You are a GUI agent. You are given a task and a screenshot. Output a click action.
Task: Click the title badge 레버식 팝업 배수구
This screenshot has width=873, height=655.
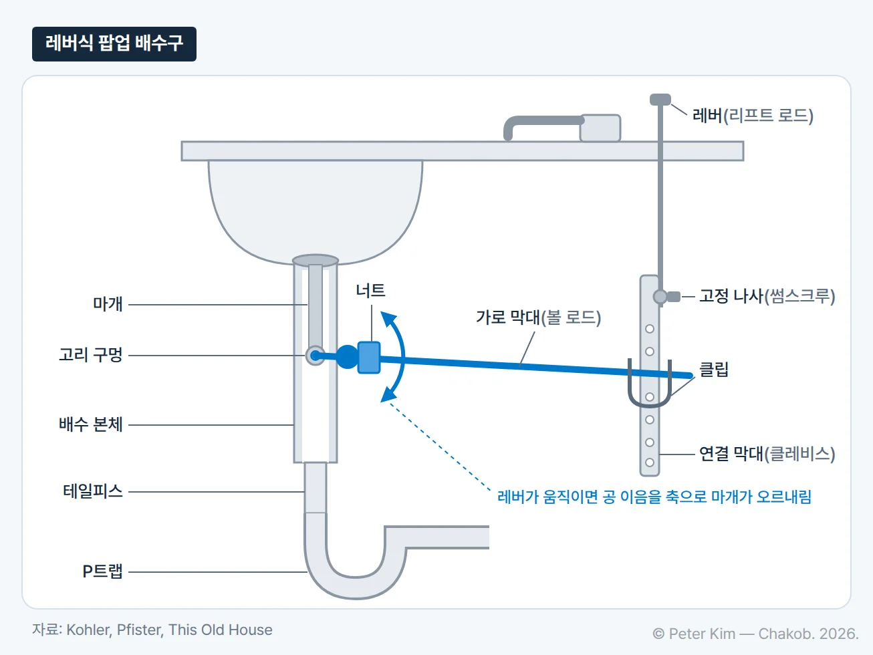click(114, 43)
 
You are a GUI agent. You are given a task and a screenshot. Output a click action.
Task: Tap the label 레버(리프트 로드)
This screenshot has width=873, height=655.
click(753, 116)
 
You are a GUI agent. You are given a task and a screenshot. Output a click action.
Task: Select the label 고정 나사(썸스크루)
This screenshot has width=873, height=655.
click(767, 296)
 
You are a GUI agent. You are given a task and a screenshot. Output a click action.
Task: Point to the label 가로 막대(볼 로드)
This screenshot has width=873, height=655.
click(539, 317)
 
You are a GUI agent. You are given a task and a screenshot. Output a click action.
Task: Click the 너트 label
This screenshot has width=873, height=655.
click(371, 291)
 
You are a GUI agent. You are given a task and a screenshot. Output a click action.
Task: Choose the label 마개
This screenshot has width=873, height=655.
click(108, 304)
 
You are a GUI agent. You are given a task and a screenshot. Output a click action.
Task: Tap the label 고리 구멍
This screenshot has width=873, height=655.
click(91, 355)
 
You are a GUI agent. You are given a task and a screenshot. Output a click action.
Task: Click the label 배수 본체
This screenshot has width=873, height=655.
click(91, 424)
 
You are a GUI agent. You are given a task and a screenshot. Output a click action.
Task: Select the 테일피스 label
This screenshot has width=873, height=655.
click(93, 491)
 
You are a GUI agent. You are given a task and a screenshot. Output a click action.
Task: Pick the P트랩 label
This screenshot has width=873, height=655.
click(103, 571)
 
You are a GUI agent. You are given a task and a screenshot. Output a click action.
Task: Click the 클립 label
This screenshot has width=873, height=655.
click(714, 370)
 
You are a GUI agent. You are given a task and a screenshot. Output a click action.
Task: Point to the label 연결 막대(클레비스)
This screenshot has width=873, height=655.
click(767, 454)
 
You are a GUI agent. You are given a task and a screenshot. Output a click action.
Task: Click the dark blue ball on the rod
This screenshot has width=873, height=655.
click(347, 357)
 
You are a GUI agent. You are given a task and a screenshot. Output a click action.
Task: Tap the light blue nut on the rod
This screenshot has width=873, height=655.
click(369, 358)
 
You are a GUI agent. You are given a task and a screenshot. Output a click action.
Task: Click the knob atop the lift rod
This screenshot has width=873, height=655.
click(660, 100)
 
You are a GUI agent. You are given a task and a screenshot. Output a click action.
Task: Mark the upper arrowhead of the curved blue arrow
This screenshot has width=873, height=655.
click(388, 319)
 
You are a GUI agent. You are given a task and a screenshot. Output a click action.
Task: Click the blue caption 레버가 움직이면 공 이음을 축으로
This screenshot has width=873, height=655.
click(602, 497)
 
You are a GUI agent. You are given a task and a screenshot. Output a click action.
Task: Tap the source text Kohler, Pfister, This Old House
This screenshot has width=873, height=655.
click(169, 630)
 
